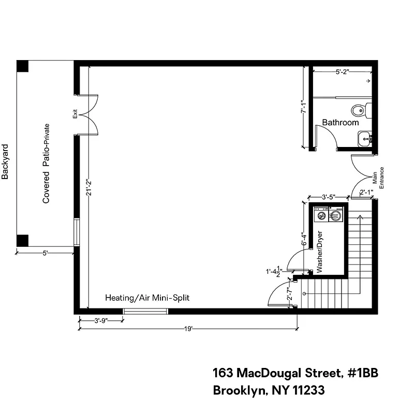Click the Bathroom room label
click(340, 123)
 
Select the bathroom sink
click(365, 138)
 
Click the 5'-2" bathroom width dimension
click(345, 72)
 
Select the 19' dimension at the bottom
click(189, 328)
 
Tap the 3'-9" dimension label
click(101, 320)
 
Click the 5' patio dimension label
click(46, 253)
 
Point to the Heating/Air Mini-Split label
click(147, 298)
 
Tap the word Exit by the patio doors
click(75, 113)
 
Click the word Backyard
click(5, 161)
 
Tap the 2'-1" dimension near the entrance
click(366, 193)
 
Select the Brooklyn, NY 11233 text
click(269, 391)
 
